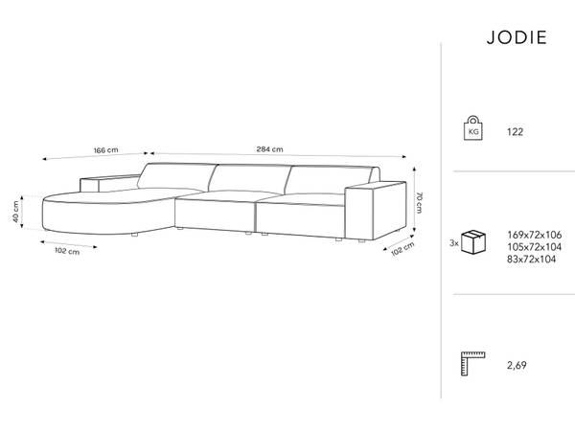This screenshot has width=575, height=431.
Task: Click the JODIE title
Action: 517,37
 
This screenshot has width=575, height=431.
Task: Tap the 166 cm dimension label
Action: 106,150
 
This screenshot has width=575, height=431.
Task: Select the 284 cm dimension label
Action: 269,149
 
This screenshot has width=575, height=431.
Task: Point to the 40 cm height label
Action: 15,212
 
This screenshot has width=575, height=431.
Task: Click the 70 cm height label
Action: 419,202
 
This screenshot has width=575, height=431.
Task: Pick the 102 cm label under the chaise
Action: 67,251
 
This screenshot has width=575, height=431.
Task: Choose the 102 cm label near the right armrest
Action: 402,249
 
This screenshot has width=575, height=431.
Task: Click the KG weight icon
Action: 473,128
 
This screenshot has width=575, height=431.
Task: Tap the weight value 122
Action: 515,132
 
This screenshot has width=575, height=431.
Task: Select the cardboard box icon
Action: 473,242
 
